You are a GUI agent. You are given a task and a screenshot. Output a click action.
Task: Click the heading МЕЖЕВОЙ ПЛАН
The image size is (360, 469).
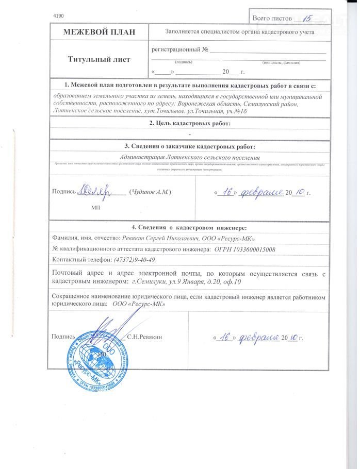(x=99, y=32)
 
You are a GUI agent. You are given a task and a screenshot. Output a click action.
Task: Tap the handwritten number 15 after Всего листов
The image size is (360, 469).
(x=308, y=18)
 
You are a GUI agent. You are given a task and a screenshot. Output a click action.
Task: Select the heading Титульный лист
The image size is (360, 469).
(x=99, y=59)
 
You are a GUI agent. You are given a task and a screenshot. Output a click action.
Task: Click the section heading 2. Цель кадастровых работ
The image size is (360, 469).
(x=189, y=123)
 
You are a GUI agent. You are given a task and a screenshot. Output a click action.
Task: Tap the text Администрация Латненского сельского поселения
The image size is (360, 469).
(x=189, y=157)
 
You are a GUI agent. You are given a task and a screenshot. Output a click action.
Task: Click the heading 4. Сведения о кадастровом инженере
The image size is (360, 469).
(x=189, y=227)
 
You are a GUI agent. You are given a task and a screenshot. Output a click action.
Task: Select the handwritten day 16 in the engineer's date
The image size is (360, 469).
(x=223, y=338)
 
